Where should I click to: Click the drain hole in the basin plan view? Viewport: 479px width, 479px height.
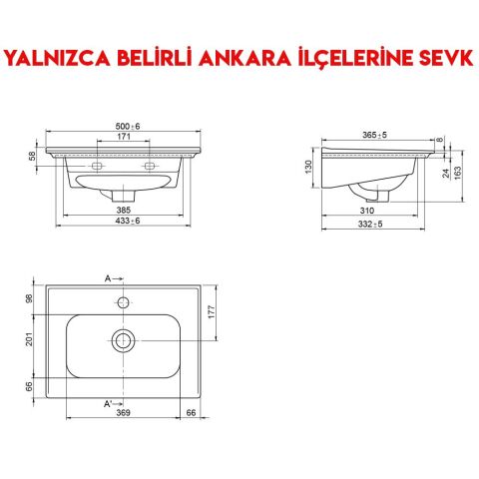point(125,339)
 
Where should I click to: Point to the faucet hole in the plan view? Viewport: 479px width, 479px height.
point(125,300)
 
